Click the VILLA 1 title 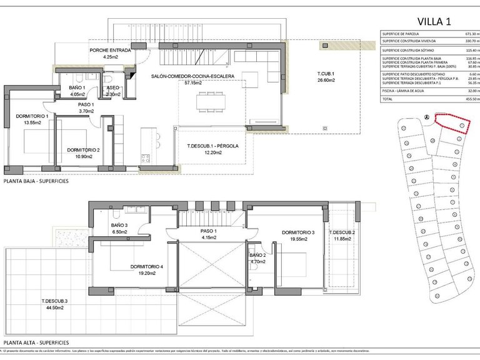coord(430,21)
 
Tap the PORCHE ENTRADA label coord(111,49)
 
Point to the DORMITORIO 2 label coord(84,149)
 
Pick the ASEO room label coord(112,87)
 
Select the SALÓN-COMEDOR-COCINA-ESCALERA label coord(192,76)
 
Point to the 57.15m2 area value coord(193,82)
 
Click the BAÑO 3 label coord(119,224)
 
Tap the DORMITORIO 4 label coord(147,266)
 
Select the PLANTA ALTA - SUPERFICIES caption coord(36,343)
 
